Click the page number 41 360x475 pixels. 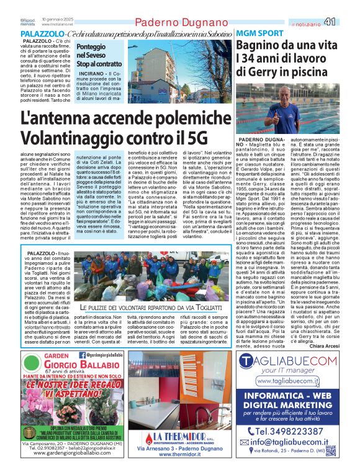click(x=346, y=22)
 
